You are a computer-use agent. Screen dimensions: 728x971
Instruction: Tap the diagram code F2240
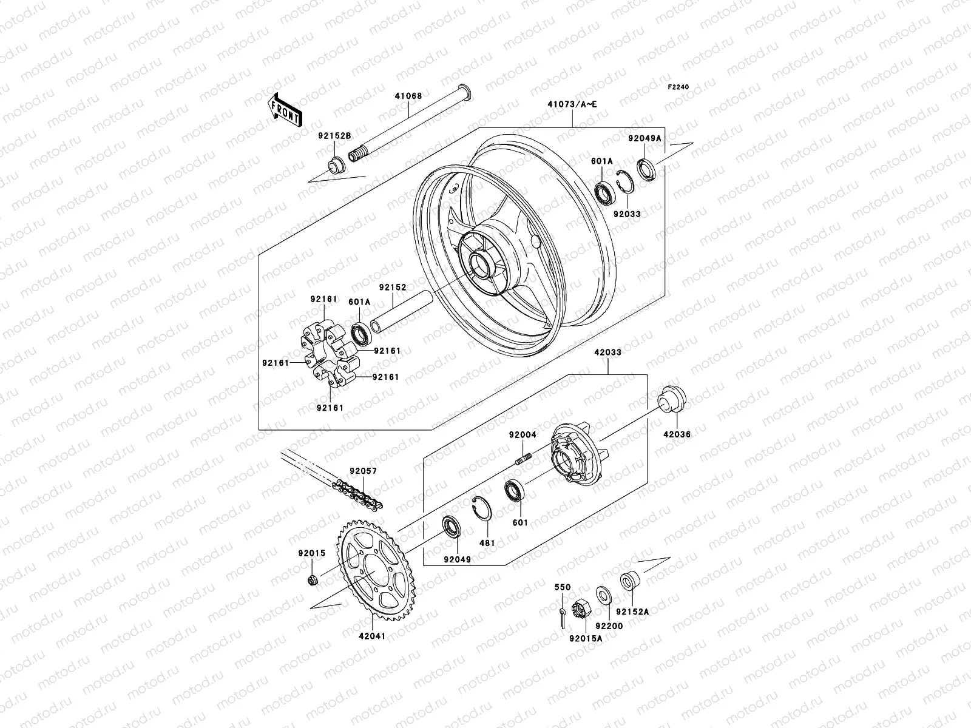coord(678,87)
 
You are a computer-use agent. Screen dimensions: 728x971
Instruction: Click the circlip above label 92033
coord(624,181)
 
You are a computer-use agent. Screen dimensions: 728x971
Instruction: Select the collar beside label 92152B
coord(336,165)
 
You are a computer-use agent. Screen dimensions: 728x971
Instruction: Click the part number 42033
coord(608,352)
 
